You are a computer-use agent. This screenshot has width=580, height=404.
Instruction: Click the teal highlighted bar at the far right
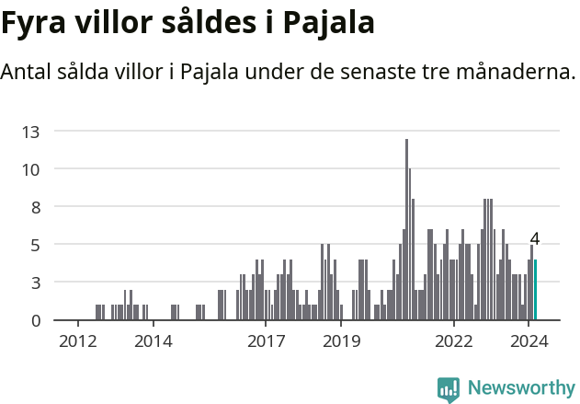(535, 290)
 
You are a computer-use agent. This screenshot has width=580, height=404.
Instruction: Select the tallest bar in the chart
(406, 230)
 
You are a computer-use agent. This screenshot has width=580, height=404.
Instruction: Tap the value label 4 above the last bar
(535, 239)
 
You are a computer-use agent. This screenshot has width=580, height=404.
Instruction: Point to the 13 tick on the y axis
(31, 132)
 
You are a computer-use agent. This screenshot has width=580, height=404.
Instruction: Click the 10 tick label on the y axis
(31, 169)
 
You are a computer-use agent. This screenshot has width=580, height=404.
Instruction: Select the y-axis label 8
(35, 207)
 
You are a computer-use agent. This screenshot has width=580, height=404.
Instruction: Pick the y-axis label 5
(35, 245)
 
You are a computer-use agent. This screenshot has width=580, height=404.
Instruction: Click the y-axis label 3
(35, 283)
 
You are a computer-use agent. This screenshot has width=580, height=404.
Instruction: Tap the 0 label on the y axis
(35, 320)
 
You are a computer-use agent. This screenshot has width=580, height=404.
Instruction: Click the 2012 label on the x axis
(77, 341)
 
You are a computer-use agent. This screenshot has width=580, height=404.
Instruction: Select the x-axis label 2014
(153, 341)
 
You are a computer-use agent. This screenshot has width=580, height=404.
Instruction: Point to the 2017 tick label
(266, 341)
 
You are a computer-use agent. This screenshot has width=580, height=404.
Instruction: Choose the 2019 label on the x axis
(341, 341)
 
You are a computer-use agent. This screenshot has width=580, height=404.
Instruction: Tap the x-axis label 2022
(454, 341)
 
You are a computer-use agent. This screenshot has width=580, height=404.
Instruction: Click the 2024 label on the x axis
(529, 341)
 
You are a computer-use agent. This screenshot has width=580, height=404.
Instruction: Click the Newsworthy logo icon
(449, 389)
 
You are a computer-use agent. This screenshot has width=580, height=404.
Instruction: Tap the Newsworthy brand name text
(521, 388)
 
